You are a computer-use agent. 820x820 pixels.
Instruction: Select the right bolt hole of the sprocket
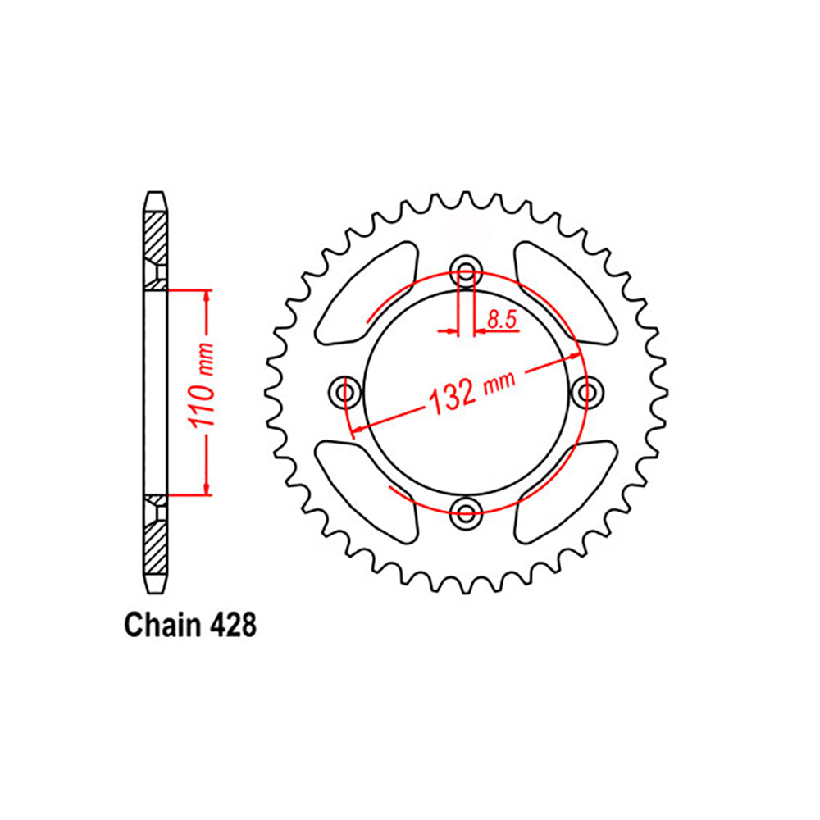pyautogui.click(x=587, y=393)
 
